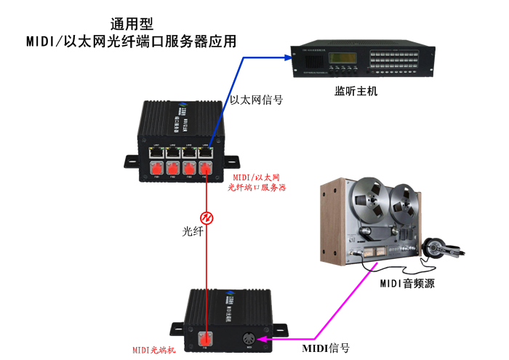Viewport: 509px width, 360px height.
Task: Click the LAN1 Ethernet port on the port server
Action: pyautogui.click(x=156, y=153)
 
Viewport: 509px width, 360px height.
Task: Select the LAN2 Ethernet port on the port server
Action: pyautogui.click(x=172, y=153)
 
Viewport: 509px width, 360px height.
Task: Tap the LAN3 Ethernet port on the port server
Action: pyautogui.click(x=189, y=153)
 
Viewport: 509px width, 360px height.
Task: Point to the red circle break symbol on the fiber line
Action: pyautogui.click(x=207, y=217)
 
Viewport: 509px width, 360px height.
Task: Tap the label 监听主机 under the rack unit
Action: pyautogui.click(x=356, y=92)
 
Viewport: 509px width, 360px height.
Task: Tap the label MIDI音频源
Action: pyautogui.click(x=407, y=284)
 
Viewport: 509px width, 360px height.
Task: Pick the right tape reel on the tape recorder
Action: pyautogui.click(x=401, y=201)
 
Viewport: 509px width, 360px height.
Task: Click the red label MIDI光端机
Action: pyautogui.click(x=153, y=349)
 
